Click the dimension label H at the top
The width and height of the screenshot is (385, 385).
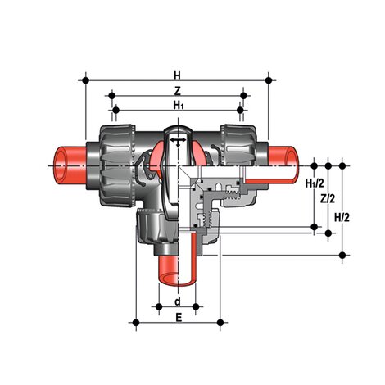[x=178, y=71]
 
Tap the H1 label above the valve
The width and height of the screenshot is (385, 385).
[x=178, y=105]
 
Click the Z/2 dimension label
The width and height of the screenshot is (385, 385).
[x=328, y=198]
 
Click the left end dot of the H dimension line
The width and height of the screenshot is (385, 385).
[x=86, y=80]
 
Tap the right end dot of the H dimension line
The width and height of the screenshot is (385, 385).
[x=269, y=80]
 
